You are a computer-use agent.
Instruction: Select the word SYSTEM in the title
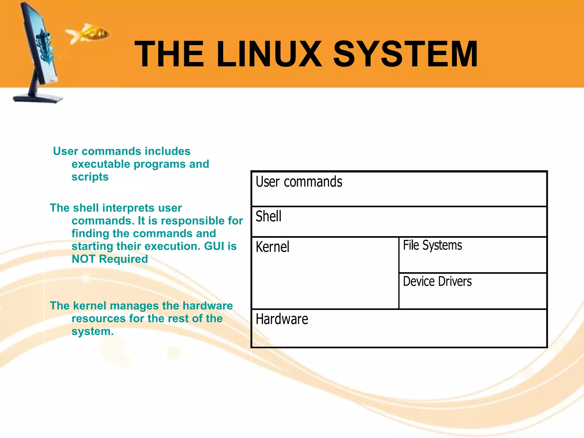[x=405, y=54]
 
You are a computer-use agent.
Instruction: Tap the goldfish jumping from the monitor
[x=91, y=34]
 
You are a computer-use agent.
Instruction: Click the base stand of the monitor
[x=38, y=98]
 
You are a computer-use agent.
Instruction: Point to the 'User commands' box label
[x=299, y=182]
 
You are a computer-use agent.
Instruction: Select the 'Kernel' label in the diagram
[x=272, y=247]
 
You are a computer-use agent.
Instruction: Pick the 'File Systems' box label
[x=432, y=245]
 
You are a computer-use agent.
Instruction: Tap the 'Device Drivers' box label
[x=437, y=281]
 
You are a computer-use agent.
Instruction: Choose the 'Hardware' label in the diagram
[x=282, y=319]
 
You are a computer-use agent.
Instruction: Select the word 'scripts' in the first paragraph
[x=90, y=177]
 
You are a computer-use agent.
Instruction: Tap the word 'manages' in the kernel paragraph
[x=134, y=306]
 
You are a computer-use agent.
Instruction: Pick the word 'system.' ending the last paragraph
[x=92, y=331]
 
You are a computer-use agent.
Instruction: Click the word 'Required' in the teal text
[x=123, y=259]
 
